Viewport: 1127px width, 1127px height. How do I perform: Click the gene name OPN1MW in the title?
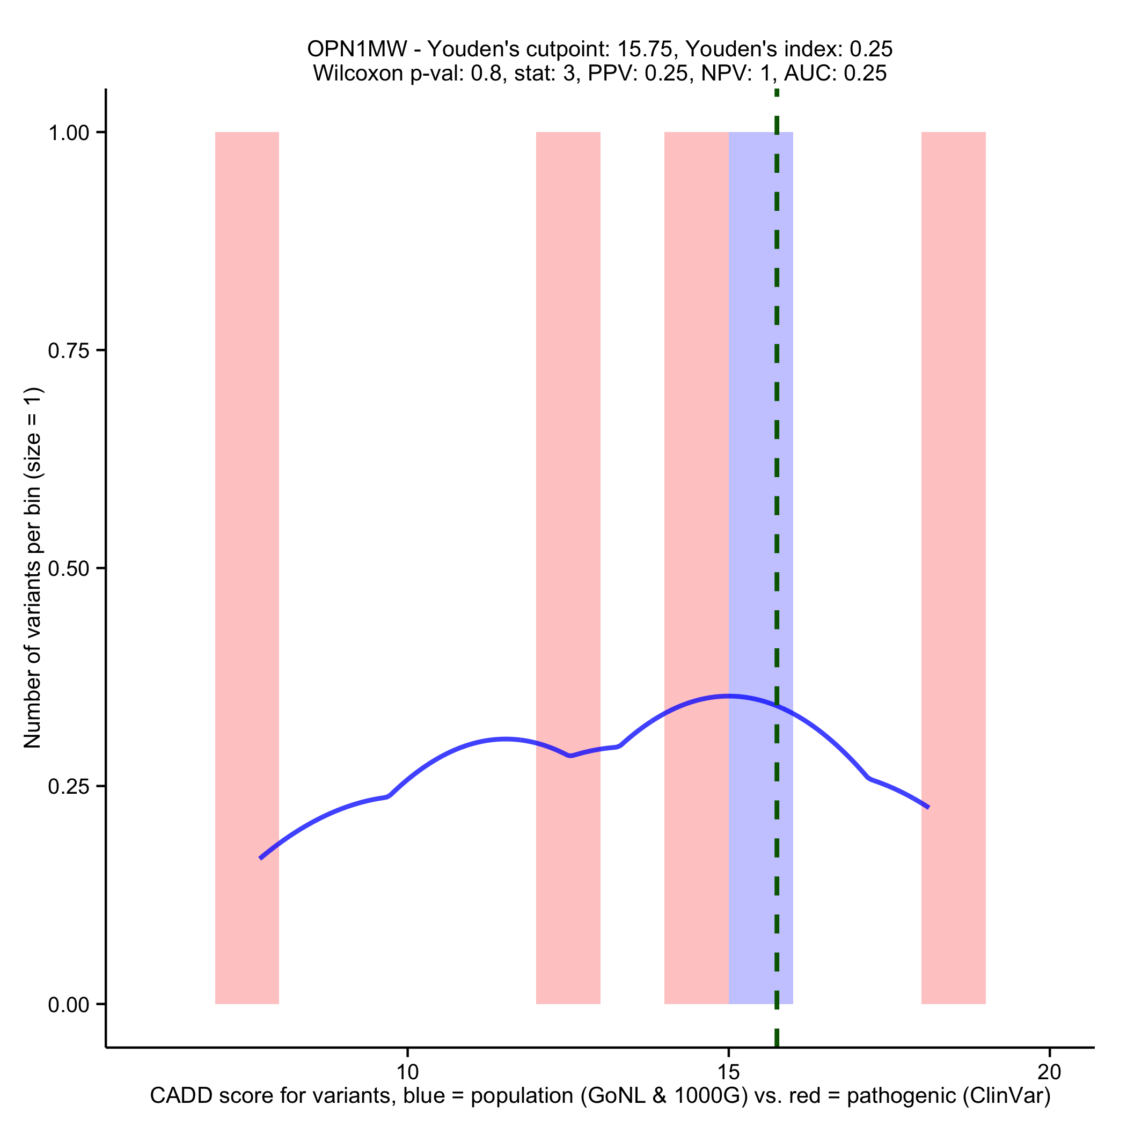pos(357,49)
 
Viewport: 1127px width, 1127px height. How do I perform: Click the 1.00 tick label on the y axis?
pos(68,133)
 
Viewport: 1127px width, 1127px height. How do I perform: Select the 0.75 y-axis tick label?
pos(68,350)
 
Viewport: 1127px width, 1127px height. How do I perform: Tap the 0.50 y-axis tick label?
pos(68,569)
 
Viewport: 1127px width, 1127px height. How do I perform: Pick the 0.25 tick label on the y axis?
pos(68,786)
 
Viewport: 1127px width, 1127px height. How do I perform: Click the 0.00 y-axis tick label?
pos(68,1005)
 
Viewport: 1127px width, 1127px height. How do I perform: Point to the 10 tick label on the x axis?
pos(407,1072)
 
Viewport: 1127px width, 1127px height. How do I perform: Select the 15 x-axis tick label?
pos(729,1072)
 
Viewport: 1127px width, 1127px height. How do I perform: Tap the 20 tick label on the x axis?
pos(1049,1072)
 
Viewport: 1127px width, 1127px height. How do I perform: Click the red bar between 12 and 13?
pos(568,467)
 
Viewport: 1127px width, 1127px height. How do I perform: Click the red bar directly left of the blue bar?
pos(697,467)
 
